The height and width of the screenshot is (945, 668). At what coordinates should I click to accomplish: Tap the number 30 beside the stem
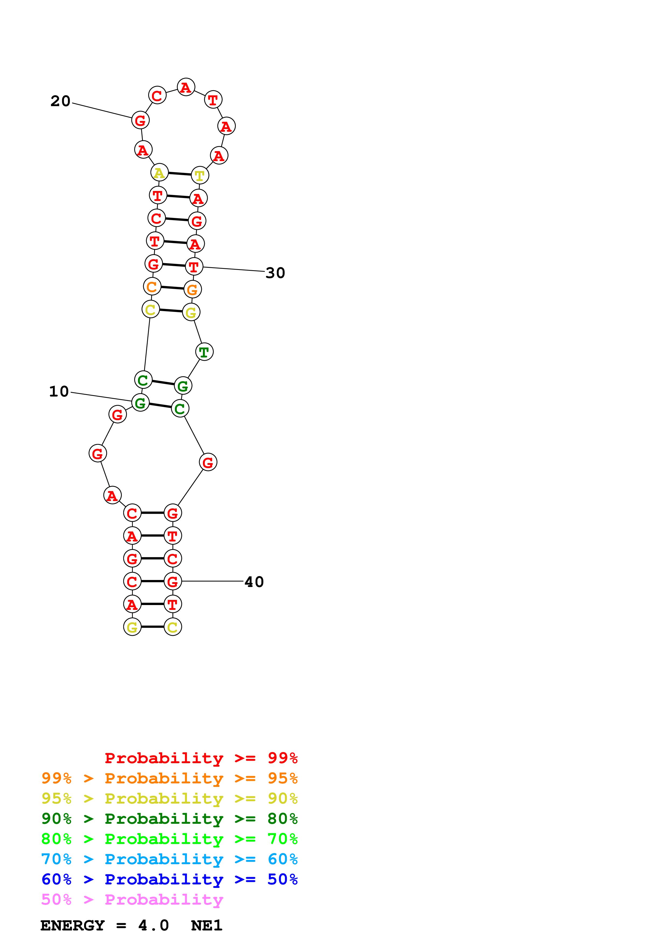click(x=275, y=273)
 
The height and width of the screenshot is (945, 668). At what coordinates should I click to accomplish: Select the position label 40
click(x=254, y=582)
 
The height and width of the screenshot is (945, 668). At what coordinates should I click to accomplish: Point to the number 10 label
click(x=59, y=391)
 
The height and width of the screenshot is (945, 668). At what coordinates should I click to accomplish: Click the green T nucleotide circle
click(x=204, y=352)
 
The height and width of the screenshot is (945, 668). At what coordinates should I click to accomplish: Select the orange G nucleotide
click(x=192, y=289)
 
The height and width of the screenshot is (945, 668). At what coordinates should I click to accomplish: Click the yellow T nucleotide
click(x=200, y=175)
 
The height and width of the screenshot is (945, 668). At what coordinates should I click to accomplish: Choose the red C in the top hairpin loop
click(x=157, y=95)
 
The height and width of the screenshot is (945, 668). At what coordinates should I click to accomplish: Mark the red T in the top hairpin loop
click(x=213, y=100)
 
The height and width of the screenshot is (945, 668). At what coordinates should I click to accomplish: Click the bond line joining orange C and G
click(x=172, y=288)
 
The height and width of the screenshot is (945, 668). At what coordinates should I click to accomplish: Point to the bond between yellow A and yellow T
click(x=180, y=174)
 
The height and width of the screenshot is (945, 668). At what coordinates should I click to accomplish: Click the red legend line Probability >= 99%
click(x=201, y=758)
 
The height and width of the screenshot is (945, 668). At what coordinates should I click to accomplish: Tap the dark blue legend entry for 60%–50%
click(x=169, y=879)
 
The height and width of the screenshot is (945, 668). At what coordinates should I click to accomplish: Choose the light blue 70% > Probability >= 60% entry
click(x=169, y=859)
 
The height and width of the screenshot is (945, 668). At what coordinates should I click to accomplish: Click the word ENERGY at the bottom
click(x=72, y=926)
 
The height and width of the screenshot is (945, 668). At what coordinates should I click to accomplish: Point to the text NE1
click(x=207, y=926)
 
